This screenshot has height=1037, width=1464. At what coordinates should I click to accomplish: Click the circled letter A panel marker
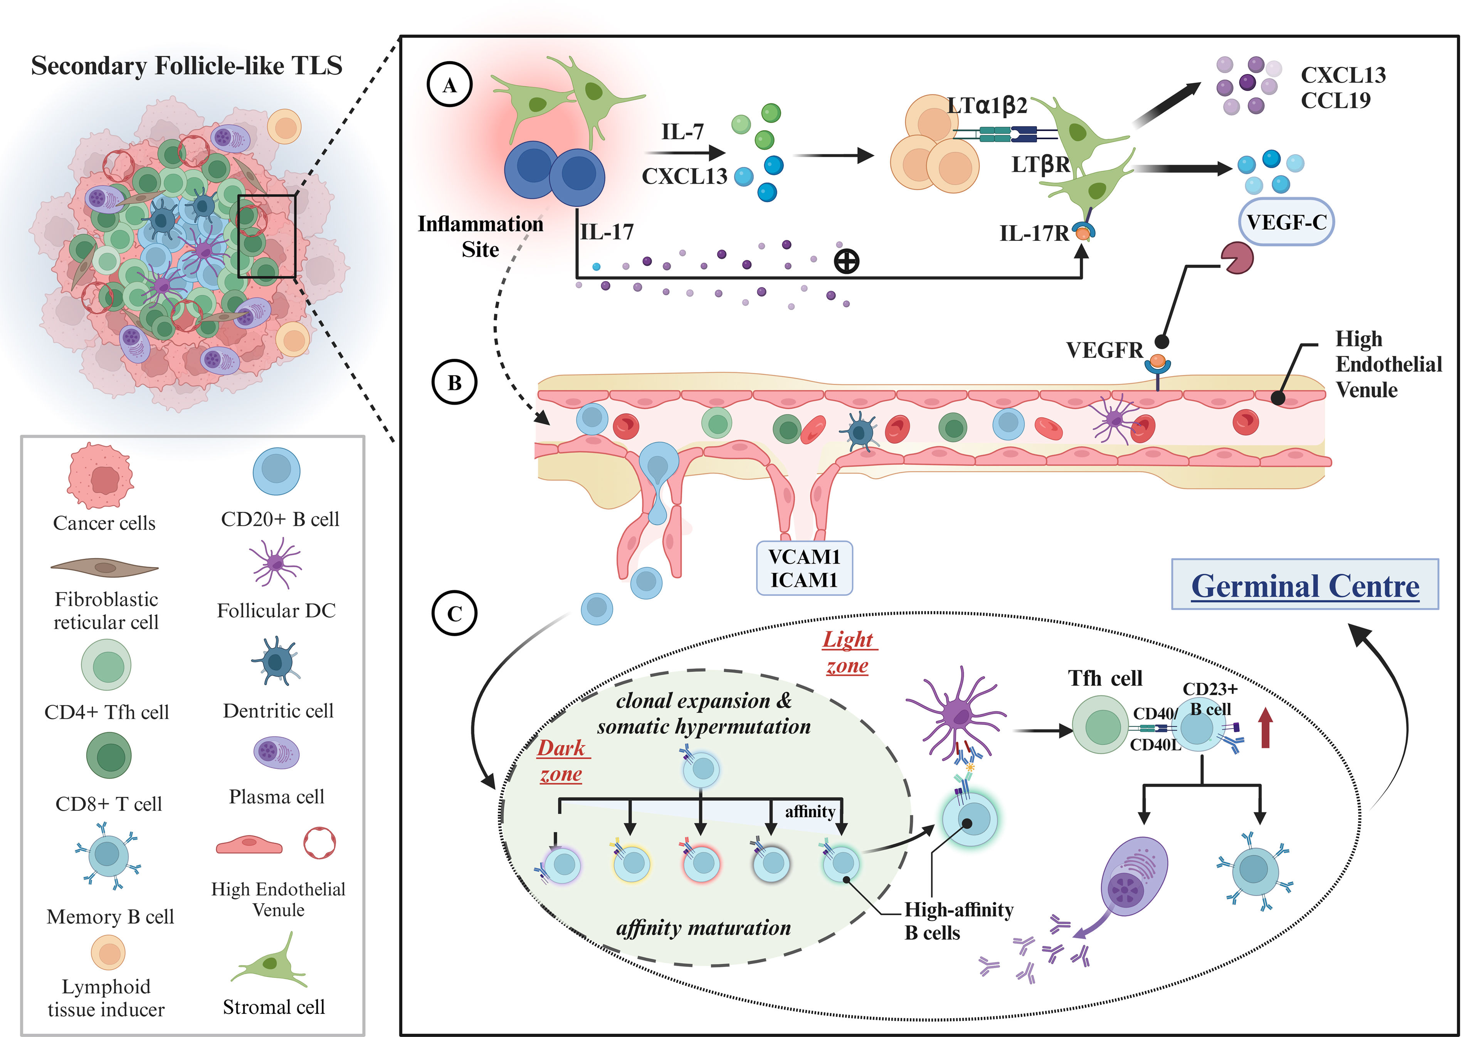[x=449, y=85]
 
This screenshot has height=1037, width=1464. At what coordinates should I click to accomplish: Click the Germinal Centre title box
[x=1304, y=585]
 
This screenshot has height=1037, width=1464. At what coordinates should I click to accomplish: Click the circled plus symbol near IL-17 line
[x=847, y=261]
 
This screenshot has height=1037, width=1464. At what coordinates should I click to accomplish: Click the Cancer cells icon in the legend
[x=101, y=476]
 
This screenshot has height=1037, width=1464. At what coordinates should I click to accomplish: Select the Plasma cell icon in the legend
[x=276, y=753]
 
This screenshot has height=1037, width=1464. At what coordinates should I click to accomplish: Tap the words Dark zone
[x=561, y=761]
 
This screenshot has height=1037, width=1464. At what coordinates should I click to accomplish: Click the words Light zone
[x=848, y=652]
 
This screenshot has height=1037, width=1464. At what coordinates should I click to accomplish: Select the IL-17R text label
[x=1034, y=234]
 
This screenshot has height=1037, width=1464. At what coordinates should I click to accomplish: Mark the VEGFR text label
[x=1104, y=350]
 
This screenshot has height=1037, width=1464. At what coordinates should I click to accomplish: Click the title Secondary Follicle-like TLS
[x=187, y=66]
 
